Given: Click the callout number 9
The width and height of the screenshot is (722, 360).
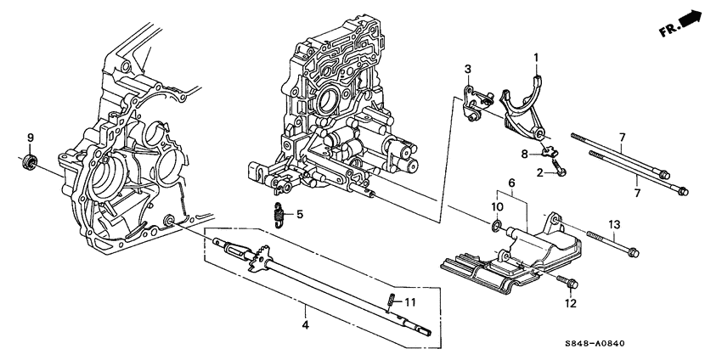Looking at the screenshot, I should click(30, 138).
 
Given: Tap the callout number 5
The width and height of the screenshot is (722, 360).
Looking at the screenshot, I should click(298, 213).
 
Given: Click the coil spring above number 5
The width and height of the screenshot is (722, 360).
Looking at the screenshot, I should click(278, 216).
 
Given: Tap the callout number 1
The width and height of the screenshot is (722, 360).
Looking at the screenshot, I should click(536, 58).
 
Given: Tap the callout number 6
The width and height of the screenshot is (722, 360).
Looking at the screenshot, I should click(511, 183).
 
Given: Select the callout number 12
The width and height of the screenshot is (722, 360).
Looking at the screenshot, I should click(570, 302).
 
